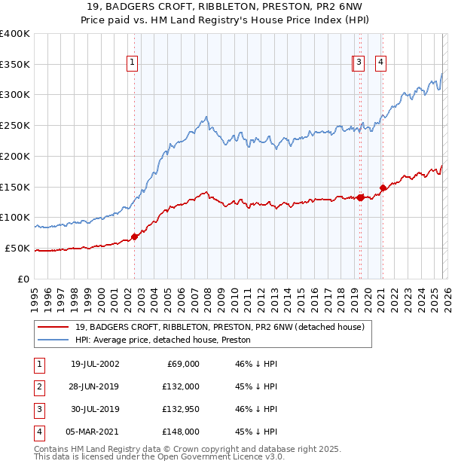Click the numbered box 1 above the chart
pos(133,63)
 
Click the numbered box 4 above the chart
pos(381,63)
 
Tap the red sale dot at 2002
pos(135,237)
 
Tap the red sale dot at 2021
pos(383,188)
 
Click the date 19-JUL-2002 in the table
pos(94,364)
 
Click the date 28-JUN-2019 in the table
pos(94,386)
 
